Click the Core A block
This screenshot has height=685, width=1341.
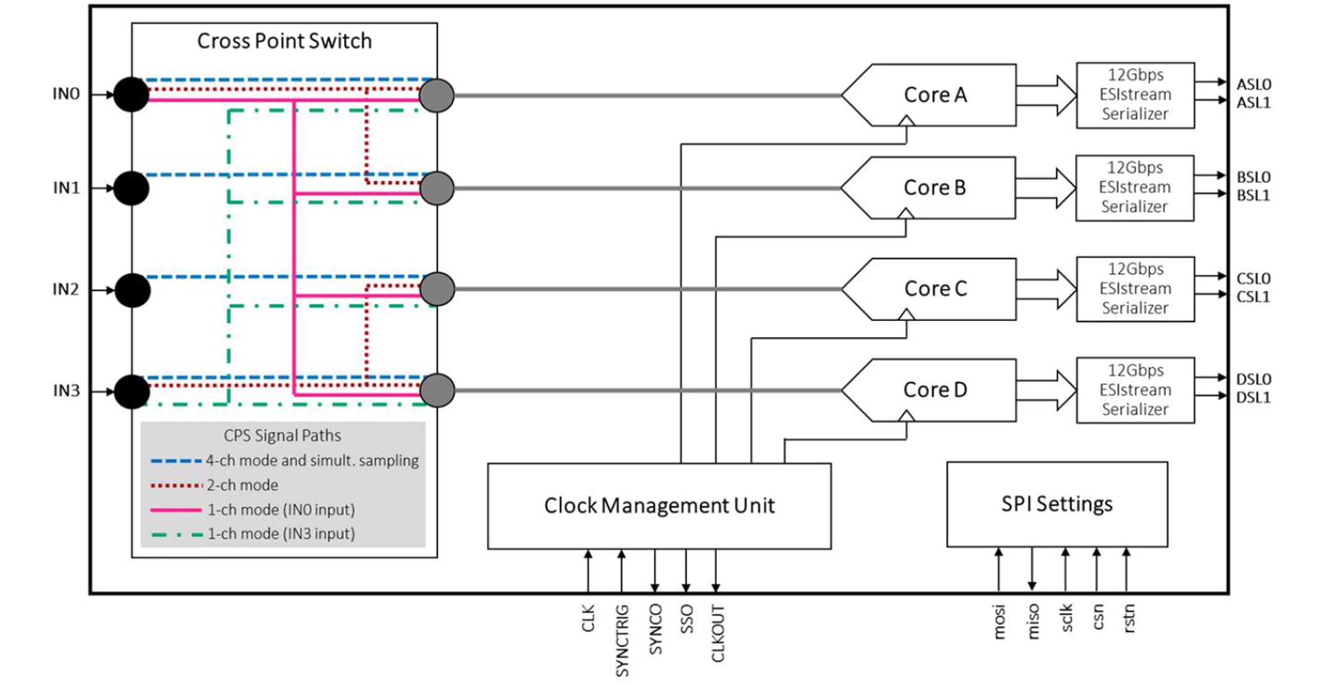pos(935,95)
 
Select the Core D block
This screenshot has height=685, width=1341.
pos(935,390)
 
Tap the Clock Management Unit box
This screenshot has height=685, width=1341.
pos(659,506)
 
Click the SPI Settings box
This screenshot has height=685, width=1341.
pos(1056,504)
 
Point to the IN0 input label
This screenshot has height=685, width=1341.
pos(66,94)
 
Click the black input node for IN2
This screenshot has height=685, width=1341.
pos(132,290)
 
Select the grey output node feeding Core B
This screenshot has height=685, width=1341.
pos(437,188)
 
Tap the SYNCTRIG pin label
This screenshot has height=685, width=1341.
pos(622,640)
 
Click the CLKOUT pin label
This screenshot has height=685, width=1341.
pos(718,633)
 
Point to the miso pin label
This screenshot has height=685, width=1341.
pos(1032,621)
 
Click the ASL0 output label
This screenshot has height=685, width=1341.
pos(1253,85)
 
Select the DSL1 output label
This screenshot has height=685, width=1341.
pos(1253,398)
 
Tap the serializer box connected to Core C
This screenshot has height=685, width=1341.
pos(1135,289)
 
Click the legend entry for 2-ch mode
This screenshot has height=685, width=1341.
pos(241,485)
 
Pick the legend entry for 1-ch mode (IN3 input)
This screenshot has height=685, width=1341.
pos(280,534)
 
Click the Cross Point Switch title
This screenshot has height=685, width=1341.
pos(284,41)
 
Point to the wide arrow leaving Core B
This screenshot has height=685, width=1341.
pos(1046,187)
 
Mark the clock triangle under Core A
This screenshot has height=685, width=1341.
pos(906,121)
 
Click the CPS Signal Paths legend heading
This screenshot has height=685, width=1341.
pos(282,435)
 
